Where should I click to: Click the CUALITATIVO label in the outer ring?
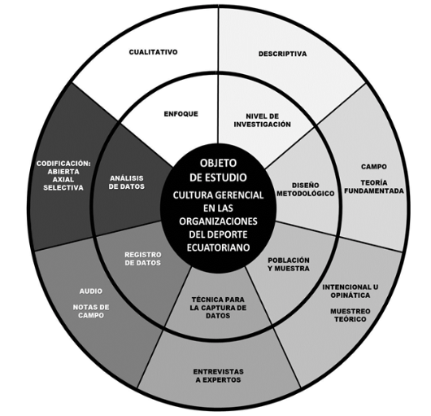154,52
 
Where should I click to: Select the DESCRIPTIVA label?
282,54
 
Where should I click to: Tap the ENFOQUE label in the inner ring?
181,114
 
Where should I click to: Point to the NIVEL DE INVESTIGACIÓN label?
262,120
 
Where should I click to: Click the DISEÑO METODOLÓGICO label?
306,190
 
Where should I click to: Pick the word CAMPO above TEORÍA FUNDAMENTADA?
374,166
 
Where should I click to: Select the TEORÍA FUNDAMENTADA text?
374,186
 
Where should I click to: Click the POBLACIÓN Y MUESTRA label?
289,264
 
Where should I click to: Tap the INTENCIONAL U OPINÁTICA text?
350,291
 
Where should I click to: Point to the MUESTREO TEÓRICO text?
350,315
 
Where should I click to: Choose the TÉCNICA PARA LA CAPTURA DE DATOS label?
218,308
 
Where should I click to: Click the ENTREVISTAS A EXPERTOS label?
218,375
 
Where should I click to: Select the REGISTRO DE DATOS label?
143,259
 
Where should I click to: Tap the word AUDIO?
91,291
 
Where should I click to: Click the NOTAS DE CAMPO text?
91,311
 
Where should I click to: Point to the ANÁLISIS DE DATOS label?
127,182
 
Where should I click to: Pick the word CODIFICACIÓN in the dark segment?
63,164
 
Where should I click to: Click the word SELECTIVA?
63,187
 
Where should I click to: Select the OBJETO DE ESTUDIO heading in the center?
218,170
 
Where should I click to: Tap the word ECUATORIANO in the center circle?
218,247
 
